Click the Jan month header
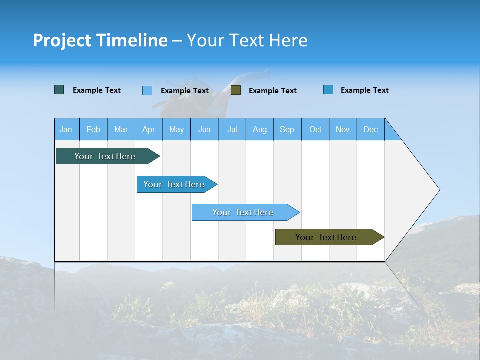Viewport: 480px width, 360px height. [x=66, y=129]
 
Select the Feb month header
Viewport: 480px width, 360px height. [x=93, y=129]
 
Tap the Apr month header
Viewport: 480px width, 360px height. [x=148, y=129]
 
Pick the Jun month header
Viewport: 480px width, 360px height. [x=204, y=129]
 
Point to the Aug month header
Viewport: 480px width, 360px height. [x=260, y=129]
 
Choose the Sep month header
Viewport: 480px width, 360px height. [x=287, y=129]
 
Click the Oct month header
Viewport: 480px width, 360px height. [x=315, y=129]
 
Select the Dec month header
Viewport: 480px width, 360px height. [x=370, y=129]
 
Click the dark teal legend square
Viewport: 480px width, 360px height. [x=59, y=90]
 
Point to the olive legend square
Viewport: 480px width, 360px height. [x=236, y=90]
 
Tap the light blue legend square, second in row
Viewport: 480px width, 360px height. [x=147, y=90]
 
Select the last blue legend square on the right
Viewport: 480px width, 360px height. [x=328, y=90]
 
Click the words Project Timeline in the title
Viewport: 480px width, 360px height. [x=100, y=40]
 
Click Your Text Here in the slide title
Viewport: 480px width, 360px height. [x=247, y=40]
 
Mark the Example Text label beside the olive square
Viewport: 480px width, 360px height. [x=272, y=91]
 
